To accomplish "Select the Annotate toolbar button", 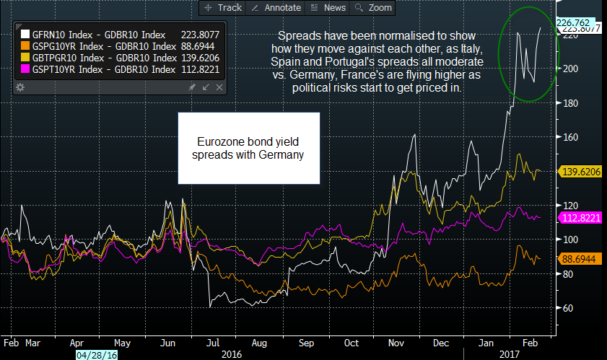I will click(275, 8).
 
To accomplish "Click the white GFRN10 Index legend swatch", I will click(26, 35).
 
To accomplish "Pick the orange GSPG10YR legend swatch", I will click(26, 46).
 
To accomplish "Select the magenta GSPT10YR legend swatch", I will click(26, 69).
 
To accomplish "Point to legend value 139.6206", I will click(199, 58).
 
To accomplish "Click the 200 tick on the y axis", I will click(572, 69).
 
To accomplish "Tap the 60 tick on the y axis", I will click(569, 308).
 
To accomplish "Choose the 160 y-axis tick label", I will click(572, 137).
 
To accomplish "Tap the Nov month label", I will click(397, 343).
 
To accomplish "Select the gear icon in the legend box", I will click(20, 87).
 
